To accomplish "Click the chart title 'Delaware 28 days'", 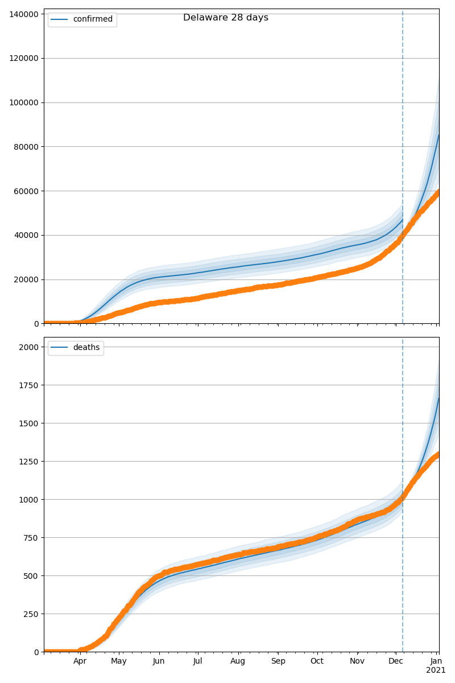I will coord(226,18).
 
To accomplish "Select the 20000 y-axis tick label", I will coord(27,279).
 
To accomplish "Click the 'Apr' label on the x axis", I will coord(80,661).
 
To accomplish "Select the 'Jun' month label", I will coord(159,661).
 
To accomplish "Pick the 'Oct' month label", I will coord(317,661).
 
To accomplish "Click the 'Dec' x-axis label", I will coord(396,661).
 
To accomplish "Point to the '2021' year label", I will coord(436,670).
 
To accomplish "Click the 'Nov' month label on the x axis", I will coord(357,661).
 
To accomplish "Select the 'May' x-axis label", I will coord(119,661).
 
